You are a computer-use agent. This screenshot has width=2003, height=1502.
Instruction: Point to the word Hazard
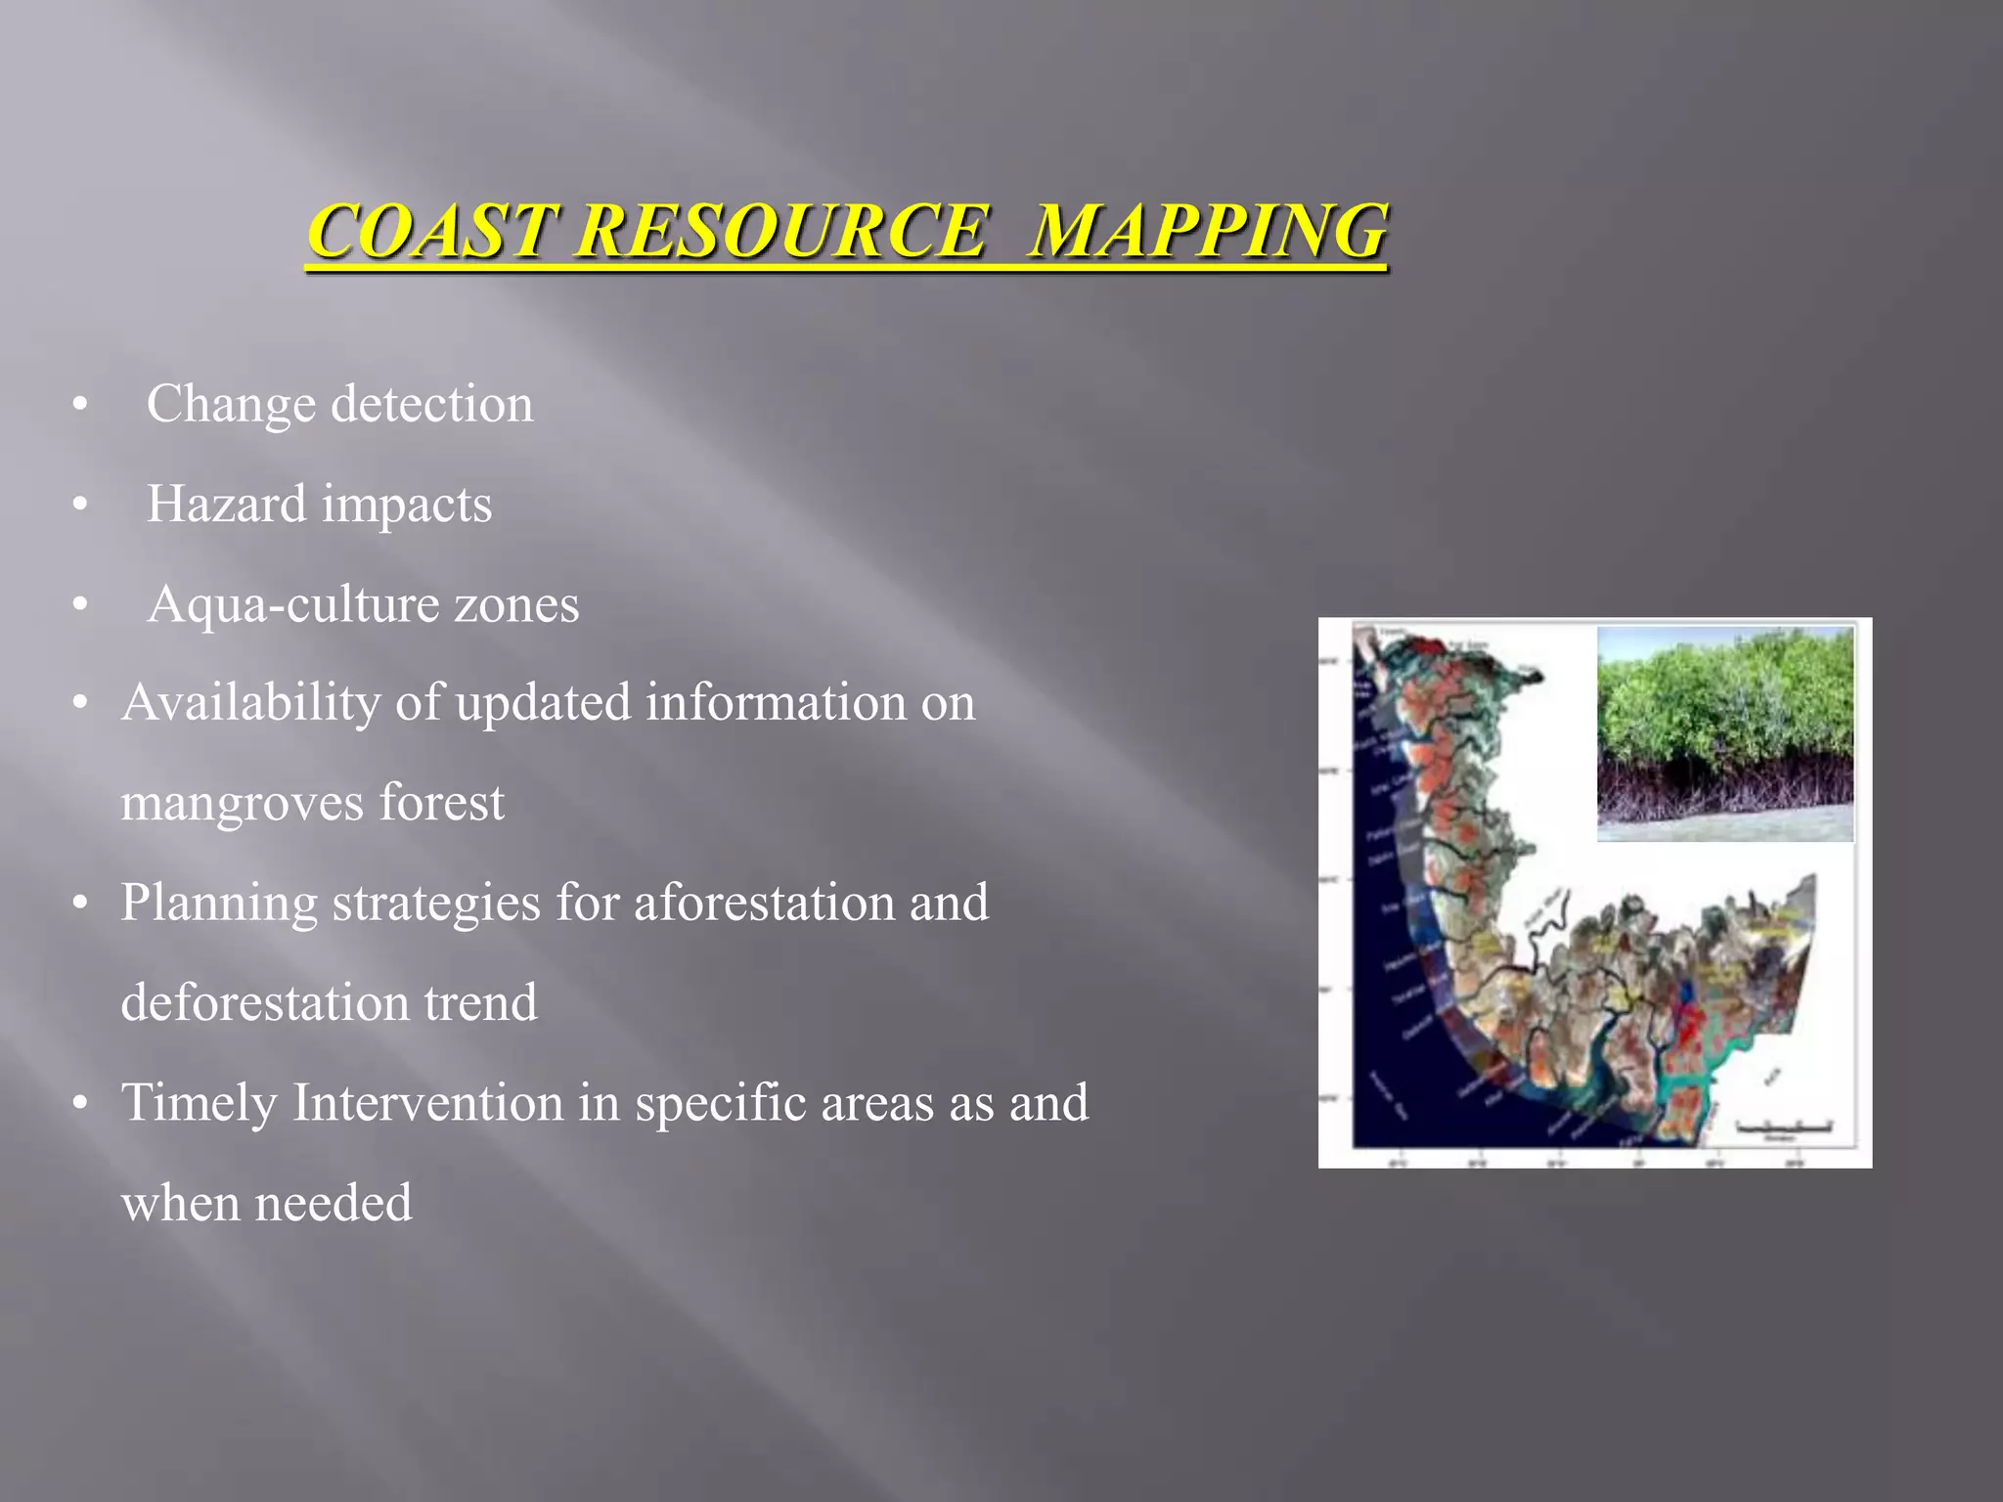(x=226, y=505)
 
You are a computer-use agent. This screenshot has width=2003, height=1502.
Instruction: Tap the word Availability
(x=250, y=703)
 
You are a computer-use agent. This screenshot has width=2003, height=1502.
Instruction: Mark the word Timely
(x=199, y=1103)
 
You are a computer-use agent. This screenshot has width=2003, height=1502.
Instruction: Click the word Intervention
(x=427, y=1103)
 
